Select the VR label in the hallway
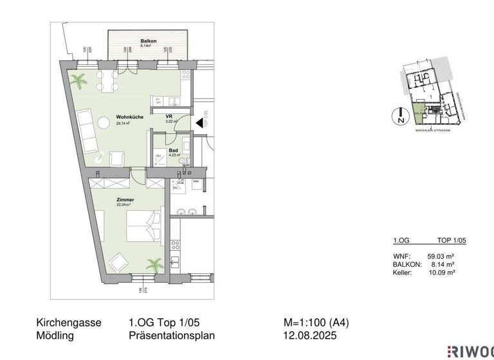point(169,116)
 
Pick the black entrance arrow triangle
point(199,122)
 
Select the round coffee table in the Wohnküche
point(104,122)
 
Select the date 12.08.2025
point(310,336)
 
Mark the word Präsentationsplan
point(172,336)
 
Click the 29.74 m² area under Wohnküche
point(123,123)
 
